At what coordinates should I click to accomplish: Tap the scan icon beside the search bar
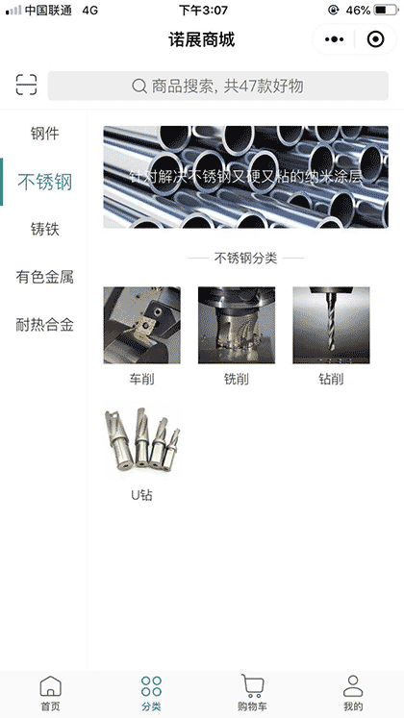pyautogui.click(x=26, y=86)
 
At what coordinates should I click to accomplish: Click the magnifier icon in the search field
pyautogui.click(x=139, y=87)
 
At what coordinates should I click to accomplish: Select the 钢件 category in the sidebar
pyautogui.click(x=44, y=134)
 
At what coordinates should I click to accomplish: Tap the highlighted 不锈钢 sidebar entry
pyautogui.click(x=45, y=182)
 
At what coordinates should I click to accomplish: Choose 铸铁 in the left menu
pyautogui.click(x=44, y=229)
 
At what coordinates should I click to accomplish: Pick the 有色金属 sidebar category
pyautogui.click(x=44, y=277)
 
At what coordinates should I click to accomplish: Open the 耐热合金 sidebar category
pyautogui.click(x=44, y=325)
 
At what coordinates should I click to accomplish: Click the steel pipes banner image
pyautogui.click(x=245, y=177)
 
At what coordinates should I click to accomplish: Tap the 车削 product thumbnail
pyautogui.click(x=141, y=326)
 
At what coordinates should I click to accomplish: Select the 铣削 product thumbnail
pyautogui.click(x=237, y=326)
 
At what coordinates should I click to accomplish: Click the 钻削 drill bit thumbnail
pyautogui.click(x=331, y=326)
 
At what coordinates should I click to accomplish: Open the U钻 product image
pyautogui.click(x=141, y=442)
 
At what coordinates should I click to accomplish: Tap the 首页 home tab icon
pyautogui.click(x=50, y=686)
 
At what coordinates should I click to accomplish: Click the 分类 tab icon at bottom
pyautogui.click(x=151, y=686)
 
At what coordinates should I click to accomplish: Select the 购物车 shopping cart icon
pyautogui.click(x=253, y=686)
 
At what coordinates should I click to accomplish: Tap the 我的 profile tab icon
pyautogui.click(x=353, y=686)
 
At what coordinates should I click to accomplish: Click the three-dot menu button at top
pyautogui.click(x=335, y=39)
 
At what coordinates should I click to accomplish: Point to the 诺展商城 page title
pyautogui.click(x=202, y=39)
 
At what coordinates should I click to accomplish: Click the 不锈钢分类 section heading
pyautogui.click(x=245, y=259)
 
